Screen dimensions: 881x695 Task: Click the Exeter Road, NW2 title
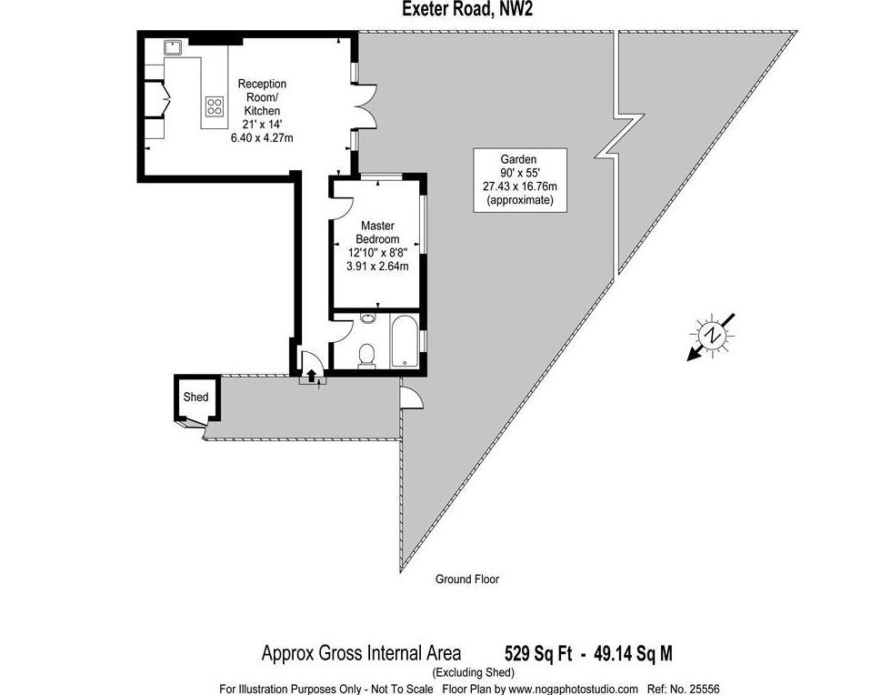pos(467,10)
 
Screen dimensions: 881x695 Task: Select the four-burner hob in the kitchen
pos(215,106)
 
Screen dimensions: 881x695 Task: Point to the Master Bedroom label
pos(377,232)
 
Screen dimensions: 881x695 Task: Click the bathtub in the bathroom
pos(405,342)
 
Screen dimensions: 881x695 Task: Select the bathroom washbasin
pos(368,318)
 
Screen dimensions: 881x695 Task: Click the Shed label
pos(196,397)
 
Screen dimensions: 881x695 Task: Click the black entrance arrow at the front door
pos(311,376)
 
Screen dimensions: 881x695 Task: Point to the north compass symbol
pos(712,336)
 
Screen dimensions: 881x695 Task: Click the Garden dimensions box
pos(520,180)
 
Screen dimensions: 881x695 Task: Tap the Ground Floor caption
pos(467,579)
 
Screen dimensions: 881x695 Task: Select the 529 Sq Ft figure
pos(538,654)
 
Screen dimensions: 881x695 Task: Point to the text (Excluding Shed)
pos(473,672)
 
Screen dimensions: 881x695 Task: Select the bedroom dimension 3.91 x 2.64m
pos(377,267)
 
